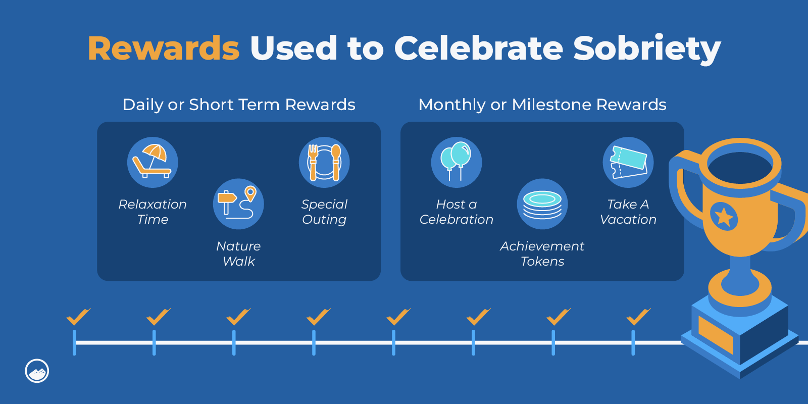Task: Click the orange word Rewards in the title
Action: coord(164,48)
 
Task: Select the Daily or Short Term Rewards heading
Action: coord(239,105)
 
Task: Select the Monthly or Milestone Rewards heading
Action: coord(542,105)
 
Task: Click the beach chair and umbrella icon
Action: coord(153,162)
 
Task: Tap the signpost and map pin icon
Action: coord(238,204)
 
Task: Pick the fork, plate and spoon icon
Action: coord(324,162)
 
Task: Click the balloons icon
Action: coord(457,162)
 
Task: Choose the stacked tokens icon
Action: coord(542,204)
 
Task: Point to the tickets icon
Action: coord(628,162)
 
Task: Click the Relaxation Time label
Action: coord(153,212)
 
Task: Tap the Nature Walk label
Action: coord(238,254)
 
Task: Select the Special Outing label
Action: coord(324,212)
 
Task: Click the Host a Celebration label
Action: coord(457,212)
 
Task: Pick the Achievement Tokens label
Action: coord(542,254)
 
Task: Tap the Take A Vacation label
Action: coord(628,212)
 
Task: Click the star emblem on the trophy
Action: coord(724,217)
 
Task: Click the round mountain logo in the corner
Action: coord(37,371)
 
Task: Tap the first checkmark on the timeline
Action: coord(78,317)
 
